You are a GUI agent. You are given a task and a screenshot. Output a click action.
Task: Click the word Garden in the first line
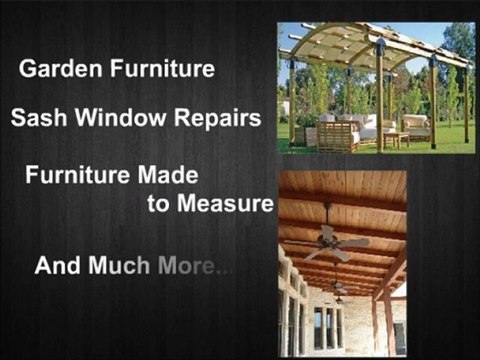pos(53,70)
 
